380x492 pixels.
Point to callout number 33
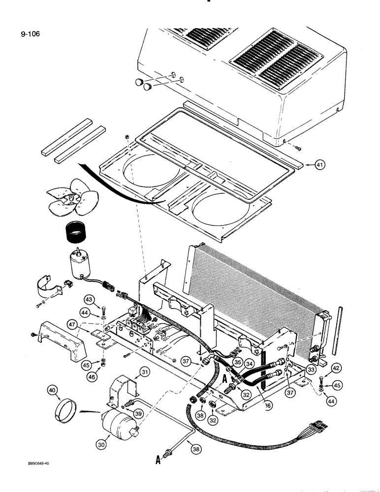[297, 369]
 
